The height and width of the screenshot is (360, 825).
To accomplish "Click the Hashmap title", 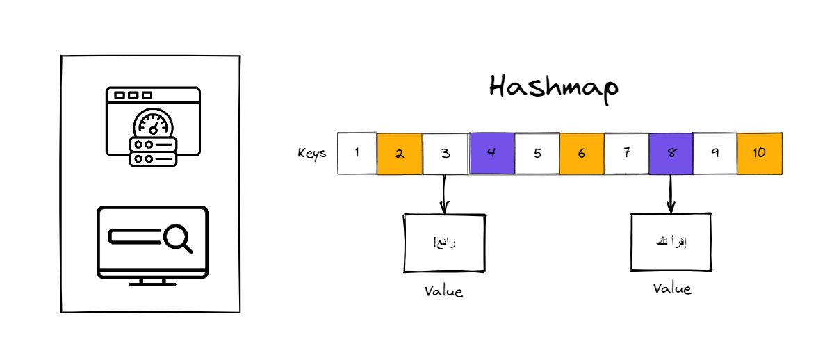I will (x=553, y=88).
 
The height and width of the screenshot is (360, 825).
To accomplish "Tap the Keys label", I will (x=311, y=154).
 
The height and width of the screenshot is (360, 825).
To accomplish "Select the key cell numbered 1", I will (x=357, y=153).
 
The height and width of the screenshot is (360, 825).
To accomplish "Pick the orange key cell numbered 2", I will (x=400, y=153).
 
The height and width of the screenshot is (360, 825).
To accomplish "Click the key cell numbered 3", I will (x=445, y=153).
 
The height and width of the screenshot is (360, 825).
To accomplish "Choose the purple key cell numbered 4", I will (x=491, y=153).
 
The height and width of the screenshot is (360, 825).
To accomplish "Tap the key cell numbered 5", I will (x=537, y=153).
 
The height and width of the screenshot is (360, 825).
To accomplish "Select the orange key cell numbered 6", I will (x=581, y=153).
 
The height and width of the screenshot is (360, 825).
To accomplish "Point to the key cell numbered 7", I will (x=626, y=153).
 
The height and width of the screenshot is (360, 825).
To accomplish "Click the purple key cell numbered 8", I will (x=671, y=153).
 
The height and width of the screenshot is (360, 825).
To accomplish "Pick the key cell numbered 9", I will (x=715, y=153).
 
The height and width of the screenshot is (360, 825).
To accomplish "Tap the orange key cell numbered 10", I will (x=759, y=153).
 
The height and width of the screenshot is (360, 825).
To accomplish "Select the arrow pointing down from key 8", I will (x=671, y=194).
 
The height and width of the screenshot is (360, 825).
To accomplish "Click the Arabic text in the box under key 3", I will (x=444, y=243).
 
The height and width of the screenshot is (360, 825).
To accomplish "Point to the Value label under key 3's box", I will (x=443, y=291).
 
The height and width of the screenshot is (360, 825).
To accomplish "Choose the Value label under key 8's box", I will (x=672, y=288).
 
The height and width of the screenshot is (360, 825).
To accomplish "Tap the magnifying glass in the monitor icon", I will (x=178, y=238).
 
